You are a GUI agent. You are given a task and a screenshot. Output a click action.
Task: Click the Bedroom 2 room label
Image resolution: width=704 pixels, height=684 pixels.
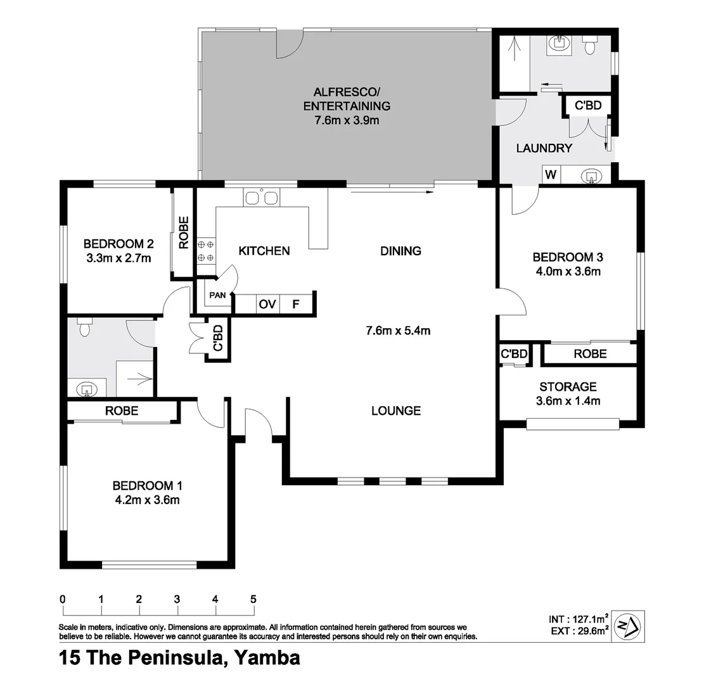coord(118,244)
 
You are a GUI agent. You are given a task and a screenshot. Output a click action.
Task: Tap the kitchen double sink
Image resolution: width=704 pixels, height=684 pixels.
coord(261,198)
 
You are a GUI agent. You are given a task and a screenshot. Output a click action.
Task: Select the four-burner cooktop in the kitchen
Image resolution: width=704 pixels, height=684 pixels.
coord(205,251)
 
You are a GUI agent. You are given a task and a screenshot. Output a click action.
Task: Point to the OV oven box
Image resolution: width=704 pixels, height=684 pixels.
coord(267,305)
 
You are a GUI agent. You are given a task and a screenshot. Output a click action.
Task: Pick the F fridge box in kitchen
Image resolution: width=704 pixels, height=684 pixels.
coord(295,305)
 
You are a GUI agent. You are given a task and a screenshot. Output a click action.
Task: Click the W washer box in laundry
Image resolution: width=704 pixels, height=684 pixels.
coord(551,175)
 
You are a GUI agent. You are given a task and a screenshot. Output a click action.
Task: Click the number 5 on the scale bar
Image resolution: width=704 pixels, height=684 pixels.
coord(253,599)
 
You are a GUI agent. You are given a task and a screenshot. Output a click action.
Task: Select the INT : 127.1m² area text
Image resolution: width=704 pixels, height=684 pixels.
coord(579,619)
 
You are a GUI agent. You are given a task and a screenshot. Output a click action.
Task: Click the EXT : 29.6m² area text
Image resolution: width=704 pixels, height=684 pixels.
coord(579,630)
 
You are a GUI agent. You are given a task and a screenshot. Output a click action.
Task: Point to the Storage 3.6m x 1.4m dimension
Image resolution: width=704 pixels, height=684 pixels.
coord(568,400)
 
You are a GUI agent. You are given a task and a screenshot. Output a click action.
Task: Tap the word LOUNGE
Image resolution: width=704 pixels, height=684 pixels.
coord(396,411)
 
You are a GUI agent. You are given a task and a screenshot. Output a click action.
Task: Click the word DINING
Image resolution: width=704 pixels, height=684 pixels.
coord(400,251)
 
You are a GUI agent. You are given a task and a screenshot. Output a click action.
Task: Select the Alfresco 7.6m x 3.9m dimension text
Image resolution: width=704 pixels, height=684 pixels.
coord(347,120)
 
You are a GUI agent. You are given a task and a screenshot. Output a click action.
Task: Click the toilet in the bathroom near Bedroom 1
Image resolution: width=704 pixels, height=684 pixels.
coord(84,328)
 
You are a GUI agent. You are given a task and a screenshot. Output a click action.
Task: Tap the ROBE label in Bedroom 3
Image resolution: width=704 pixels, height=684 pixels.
coord(590,354)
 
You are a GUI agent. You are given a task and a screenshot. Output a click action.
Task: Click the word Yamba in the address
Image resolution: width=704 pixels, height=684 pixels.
coord(267,658)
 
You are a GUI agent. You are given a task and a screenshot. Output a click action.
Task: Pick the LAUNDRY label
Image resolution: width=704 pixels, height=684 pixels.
coord(544,149)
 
